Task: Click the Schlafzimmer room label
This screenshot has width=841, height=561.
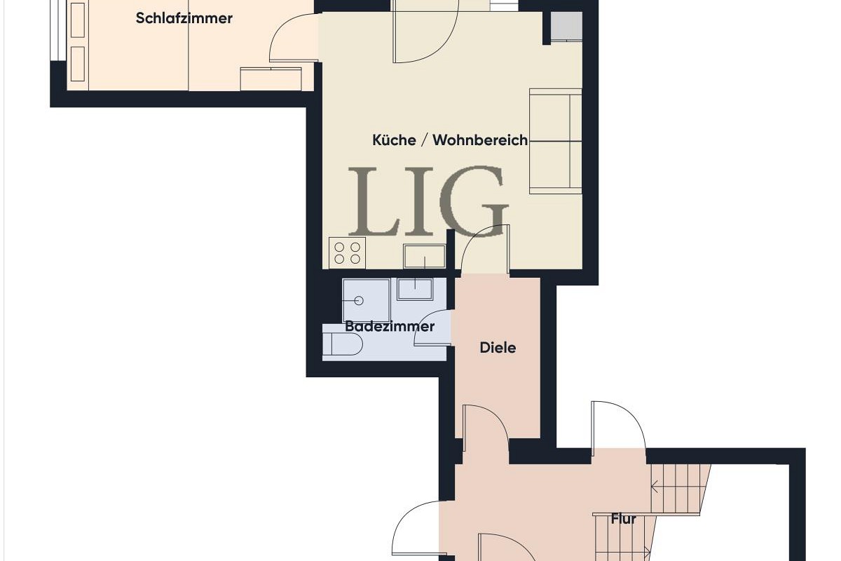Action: tap(184, 18)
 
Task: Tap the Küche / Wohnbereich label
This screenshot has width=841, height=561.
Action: tap(449, 140)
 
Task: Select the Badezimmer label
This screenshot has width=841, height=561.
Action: tap(390, 327)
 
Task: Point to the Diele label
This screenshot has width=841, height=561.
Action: tap(498, 347)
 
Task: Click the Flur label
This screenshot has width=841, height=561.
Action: tap(623, 519)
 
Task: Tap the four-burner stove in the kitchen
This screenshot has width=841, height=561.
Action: tap(348, 253)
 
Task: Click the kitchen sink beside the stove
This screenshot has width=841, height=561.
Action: tap(424, 256)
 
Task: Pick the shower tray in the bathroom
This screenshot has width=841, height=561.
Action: tap(366, 300)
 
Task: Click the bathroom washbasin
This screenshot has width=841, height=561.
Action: tap(416, 289)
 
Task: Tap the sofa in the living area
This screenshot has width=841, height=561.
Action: tap(556, 140)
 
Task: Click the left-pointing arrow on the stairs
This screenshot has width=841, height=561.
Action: tap(657, 485)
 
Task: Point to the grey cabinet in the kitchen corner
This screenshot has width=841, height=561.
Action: tap(566, 27)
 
